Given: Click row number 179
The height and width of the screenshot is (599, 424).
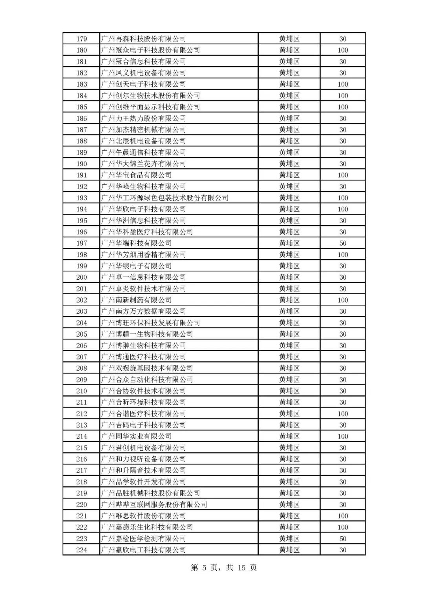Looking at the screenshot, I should click(x=82, y=39).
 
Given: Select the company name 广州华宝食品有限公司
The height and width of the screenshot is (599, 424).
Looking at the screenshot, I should click(x=136, y=175).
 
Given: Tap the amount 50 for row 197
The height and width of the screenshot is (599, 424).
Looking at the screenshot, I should click(x=343, y=243).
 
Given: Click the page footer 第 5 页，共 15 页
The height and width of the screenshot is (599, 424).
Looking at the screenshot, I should click(x=224, y=568).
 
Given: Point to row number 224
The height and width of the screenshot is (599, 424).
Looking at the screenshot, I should click(x=82, y=550).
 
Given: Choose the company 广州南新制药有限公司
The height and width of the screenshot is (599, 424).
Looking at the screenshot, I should click(x=136, y=300).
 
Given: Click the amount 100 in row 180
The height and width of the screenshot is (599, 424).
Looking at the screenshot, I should click(x=343, y=50).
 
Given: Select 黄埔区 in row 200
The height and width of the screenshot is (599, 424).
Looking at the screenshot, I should click(x=289, y=277).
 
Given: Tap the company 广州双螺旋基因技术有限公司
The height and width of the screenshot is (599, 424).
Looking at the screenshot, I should click(x=147, y=368).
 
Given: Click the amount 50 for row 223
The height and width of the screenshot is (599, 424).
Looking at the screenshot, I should click(x=343, y=539).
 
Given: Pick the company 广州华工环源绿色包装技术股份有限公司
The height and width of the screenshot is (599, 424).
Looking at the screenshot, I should click(x=164, y=198).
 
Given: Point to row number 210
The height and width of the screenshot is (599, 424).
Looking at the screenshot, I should click(x=82, y=391).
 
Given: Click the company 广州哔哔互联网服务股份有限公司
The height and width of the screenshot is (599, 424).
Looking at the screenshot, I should click(x=154, y=504).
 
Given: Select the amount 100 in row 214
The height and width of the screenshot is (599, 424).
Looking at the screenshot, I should click(x=343, y=436).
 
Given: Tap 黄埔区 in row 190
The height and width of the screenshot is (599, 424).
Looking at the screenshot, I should click(x=289, y=164).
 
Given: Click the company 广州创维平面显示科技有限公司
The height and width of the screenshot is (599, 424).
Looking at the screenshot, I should click(x=150, y=107).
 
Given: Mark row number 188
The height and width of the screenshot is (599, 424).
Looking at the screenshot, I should click(x=82, y=141).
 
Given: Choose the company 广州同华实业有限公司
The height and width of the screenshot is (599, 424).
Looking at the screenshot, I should click(x=136, y=436).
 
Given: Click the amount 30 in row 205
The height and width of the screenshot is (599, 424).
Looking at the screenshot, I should click(x=343, y=334).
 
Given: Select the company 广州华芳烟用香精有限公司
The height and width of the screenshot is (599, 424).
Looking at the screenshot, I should click(x=143, y=255).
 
